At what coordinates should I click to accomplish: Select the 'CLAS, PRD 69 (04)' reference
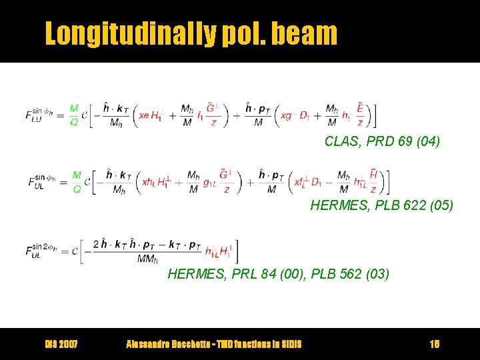click(x=382, y=141)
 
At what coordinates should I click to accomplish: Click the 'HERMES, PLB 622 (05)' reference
click(x=381, y=206)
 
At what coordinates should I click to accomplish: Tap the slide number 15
click(x=435, y=344)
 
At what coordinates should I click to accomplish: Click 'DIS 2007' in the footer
click(x=61, y=344)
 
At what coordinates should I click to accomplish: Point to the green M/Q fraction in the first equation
click(x=74, y=115)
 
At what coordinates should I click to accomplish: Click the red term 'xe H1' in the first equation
click(x=149, y=115)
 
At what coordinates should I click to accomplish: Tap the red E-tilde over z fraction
click(x=360, y=115)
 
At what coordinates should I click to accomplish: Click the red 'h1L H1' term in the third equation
click(x=219, y=251)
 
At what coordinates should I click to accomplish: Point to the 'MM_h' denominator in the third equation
click(x=148, y=259)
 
